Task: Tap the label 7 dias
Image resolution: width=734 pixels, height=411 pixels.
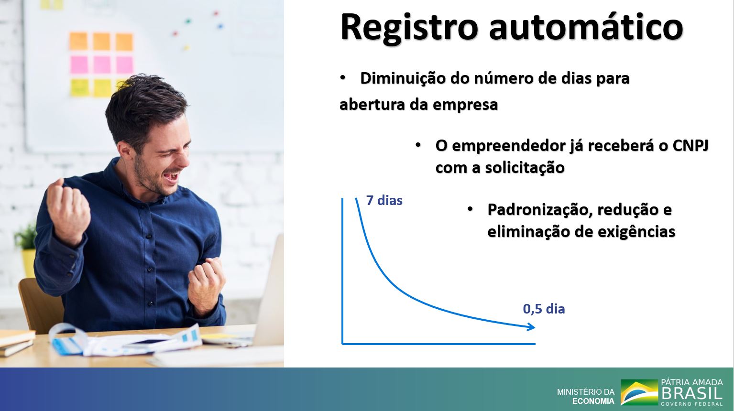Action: pos(384,200)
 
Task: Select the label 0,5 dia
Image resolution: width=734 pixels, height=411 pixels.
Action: pos(544,309)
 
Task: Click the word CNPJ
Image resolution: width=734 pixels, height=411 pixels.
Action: pos(690,146)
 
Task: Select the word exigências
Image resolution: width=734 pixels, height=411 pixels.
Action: pos(636,232)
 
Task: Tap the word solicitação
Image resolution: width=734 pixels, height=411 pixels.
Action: pos(525,168)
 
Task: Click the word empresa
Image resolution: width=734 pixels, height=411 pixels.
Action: pos(465,105)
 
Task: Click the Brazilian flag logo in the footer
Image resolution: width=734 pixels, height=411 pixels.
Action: pos(639,392)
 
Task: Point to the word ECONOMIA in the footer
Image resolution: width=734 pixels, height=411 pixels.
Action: pos(593,401)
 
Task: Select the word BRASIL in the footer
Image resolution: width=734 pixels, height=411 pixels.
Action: pos(692,393)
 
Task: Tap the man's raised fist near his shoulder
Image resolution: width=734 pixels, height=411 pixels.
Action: pos(68,210)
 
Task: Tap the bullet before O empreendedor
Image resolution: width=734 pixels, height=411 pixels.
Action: pos(418,145)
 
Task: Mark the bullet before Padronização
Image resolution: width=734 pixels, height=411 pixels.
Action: pos(470,210)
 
